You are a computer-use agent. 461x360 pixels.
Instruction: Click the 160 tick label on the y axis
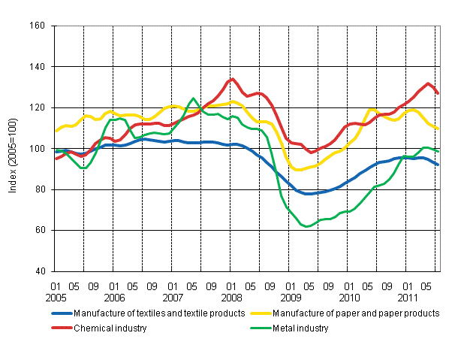(38, 26)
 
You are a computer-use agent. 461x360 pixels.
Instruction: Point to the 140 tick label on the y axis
(38, 67)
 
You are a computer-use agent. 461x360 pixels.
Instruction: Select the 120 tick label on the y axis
(38, 107)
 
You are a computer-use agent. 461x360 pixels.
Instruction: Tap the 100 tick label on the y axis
(38, 149)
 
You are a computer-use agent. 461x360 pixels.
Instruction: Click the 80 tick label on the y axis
(40, 189)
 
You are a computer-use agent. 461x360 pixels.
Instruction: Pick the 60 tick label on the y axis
(40, 231)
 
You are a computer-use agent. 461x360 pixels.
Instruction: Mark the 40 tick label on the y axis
(40, 271)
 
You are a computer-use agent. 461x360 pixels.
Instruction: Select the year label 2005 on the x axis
(56, 297)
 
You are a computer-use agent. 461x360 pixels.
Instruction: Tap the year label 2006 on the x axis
(114, 297)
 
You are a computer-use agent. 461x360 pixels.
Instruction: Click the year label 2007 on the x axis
(173, 297)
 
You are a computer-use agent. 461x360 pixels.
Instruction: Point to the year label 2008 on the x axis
(231, 297)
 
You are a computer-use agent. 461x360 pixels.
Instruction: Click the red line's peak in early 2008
(233, 78)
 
